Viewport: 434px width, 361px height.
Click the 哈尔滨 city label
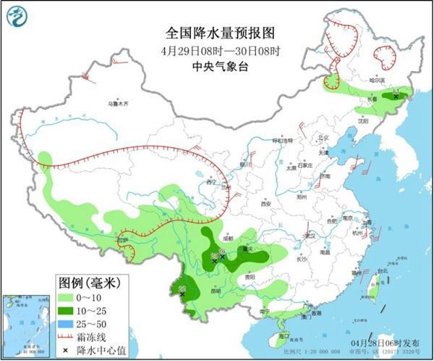tap(379, 80)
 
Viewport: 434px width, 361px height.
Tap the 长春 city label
tap(370, 101)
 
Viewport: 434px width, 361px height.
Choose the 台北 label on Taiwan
tap(383, 271)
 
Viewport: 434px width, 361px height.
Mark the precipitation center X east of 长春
tap(396, 96)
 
